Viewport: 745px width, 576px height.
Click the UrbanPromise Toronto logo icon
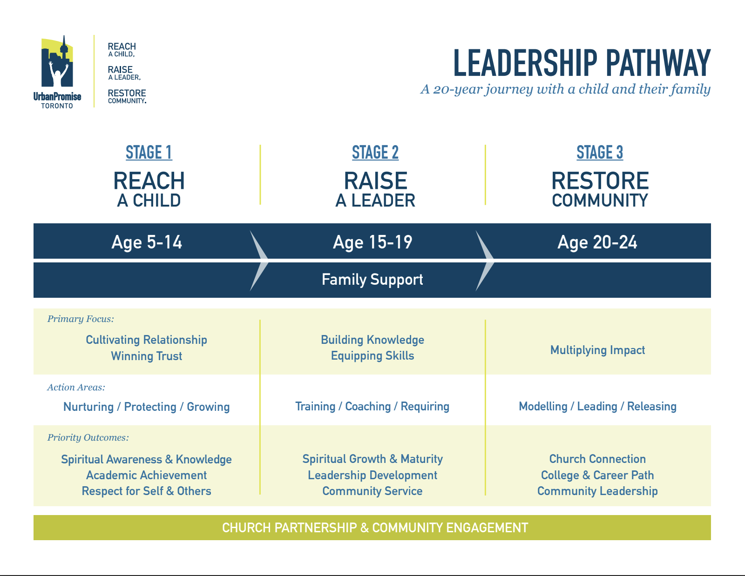tap(57, 62)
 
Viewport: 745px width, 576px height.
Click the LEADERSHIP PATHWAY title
tap(582, 63)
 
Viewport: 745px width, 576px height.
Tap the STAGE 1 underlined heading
tap(149, 153)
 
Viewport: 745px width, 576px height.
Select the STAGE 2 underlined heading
tap(375, 153)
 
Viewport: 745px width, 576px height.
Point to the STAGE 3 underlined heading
tap(600, 153)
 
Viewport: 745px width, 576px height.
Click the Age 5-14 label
tap(147, 242)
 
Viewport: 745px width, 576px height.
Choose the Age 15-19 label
tap(372, 242)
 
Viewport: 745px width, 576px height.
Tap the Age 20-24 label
tap(597, 242)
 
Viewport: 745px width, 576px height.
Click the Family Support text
tap(372, 280)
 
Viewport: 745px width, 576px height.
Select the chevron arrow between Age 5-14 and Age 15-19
tap(259, 261)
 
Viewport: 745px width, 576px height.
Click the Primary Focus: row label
tap(81, 319)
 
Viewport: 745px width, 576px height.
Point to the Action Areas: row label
tap(76, 388)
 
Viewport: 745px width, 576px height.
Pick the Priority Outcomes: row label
tap(88, 438)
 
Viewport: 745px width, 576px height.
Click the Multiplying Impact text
tap(597, 350)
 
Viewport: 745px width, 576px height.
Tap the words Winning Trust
tap(147, 356)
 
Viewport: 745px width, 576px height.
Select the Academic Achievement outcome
tap(147, 476)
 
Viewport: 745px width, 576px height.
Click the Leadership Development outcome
tap(372, 476)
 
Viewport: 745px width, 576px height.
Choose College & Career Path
tap(597, 476)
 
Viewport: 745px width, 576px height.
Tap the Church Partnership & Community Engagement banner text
tap(375, 528)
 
